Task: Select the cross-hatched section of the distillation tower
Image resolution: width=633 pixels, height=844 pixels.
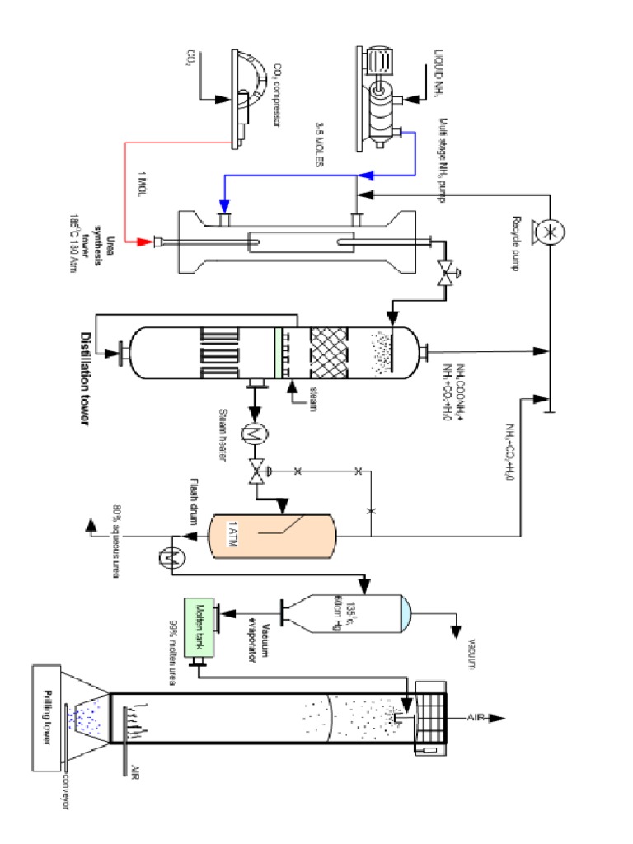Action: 328,353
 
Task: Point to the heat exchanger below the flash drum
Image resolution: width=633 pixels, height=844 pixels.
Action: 172,557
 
